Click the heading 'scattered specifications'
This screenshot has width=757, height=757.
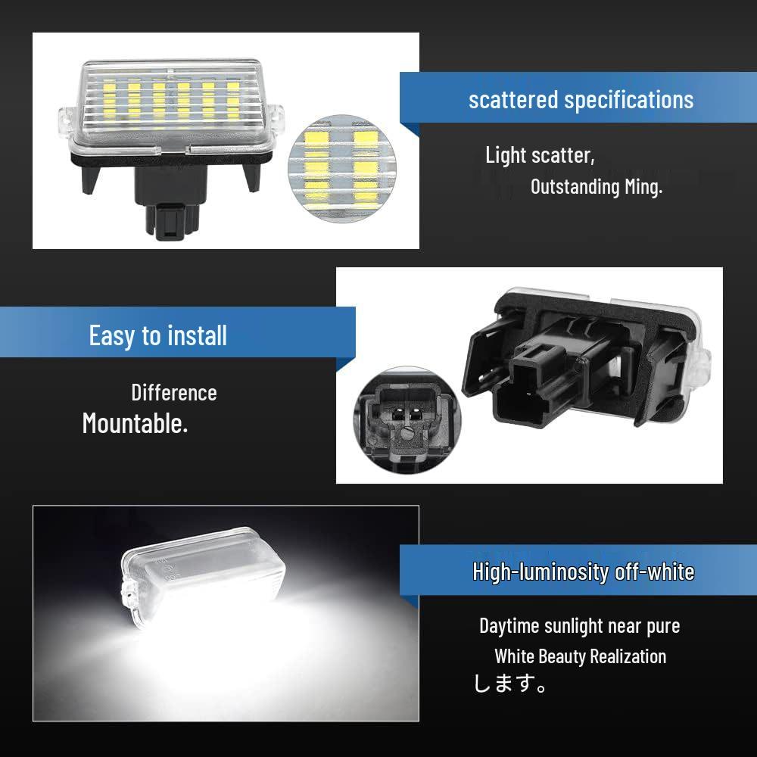pos(581,99)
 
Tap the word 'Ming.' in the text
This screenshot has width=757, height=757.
pos(643,186)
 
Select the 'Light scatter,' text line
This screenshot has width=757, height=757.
pos(540,155)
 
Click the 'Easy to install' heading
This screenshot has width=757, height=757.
pos(157,335)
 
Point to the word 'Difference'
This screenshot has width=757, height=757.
pos(174,393)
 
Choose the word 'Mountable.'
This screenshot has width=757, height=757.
pos(135,423)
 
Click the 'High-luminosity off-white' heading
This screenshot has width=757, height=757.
pos(583,572)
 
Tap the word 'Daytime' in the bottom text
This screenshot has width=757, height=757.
pos(509,626)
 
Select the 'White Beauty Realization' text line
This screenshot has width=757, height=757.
pos(581,656)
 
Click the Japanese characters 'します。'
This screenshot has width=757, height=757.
pos(510,685)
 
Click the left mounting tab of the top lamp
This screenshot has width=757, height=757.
pos(67,120)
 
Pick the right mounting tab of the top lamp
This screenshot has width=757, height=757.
pos(279,119)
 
